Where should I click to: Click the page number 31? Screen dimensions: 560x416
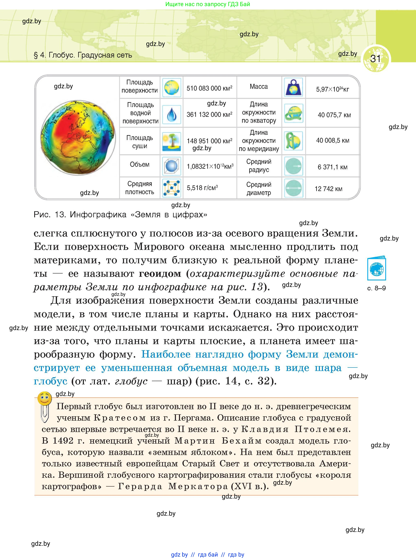click(x=375, y=59)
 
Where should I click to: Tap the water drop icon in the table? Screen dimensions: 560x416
click(x=171, y=115)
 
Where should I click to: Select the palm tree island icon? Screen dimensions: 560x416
click(x=171, y=141)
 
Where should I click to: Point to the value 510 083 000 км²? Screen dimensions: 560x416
click(x=209, y=88)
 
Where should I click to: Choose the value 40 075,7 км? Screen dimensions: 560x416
click(x=334, y=115)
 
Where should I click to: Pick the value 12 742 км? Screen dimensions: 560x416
click(x=328, y=189)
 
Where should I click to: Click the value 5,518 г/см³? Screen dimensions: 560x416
click(x=202, y=188)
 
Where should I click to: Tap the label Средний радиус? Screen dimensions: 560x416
click(x=259, y=166)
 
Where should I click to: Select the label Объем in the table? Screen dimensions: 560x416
click(x=139, y=165)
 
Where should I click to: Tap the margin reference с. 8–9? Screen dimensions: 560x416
click(x=376, y=288)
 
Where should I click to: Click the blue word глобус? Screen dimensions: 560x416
click(x=50, y=381)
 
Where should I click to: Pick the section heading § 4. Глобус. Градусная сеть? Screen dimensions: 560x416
click(x=83, y=55)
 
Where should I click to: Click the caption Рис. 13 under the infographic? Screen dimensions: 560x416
click(x=120, y=215)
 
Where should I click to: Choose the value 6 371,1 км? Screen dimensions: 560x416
click(x=332, y=167)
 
